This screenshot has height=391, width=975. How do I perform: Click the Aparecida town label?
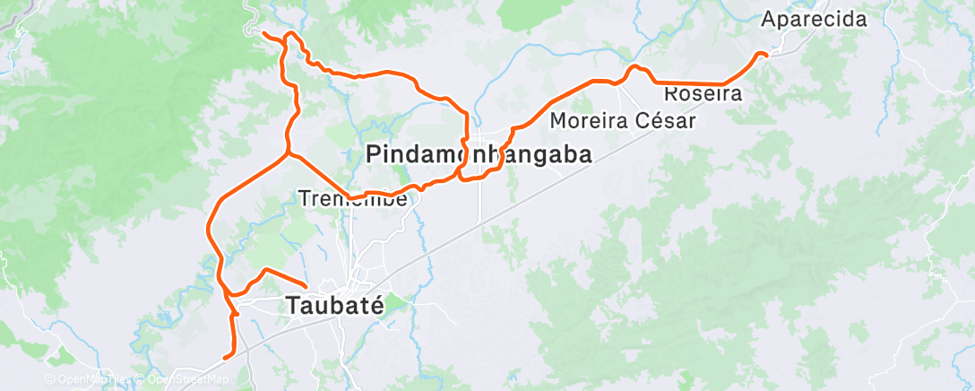(815, 20)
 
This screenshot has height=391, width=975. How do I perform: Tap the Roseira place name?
(703, 93)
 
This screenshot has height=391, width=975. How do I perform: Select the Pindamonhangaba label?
(479, 155)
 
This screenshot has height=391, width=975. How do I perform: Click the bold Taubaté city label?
(335, 305)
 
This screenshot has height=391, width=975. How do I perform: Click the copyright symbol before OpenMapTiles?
(50, 380)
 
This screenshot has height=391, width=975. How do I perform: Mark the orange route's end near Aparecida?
(766, 56)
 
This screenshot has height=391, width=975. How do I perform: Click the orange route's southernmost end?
(226, 356)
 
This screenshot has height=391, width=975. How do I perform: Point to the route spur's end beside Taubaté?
(306, 286)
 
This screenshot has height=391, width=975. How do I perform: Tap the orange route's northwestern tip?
(263, 34)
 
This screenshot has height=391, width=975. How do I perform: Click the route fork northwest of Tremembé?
(287, 153)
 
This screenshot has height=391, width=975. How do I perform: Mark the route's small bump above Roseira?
(634, 68)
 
